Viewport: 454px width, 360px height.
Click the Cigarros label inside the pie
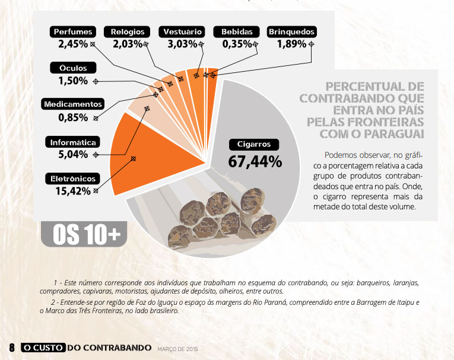(x=253, y=144)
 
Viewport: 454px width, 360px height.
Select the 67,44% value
(x=255, y=161)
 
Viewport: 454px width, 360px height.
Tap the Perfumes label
(x=72, y=31)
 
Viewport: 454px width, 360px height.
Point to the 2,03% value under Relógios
(x=128, y=44)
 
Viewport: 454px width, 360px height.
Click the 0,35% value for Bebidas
(x=237, y=44)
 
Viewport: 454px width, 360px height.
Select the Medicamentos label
(x=73, y=104)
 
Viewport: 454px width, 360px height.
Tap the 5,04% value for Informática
(x=73, y=154)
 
